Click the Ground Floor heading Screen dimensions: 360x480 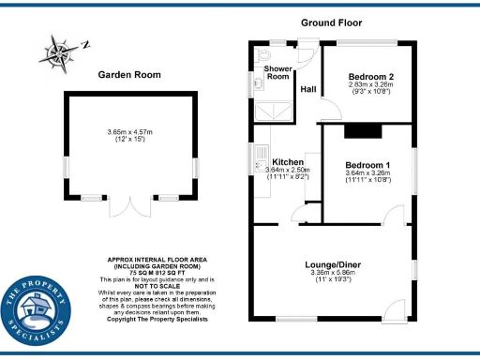331,22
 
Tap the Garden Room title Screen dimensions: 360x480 130,75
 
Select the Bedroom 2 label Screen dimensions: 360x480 370,76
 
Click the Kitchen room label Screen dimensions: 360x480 286,161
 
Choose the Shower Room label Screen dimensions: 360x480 277,72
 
